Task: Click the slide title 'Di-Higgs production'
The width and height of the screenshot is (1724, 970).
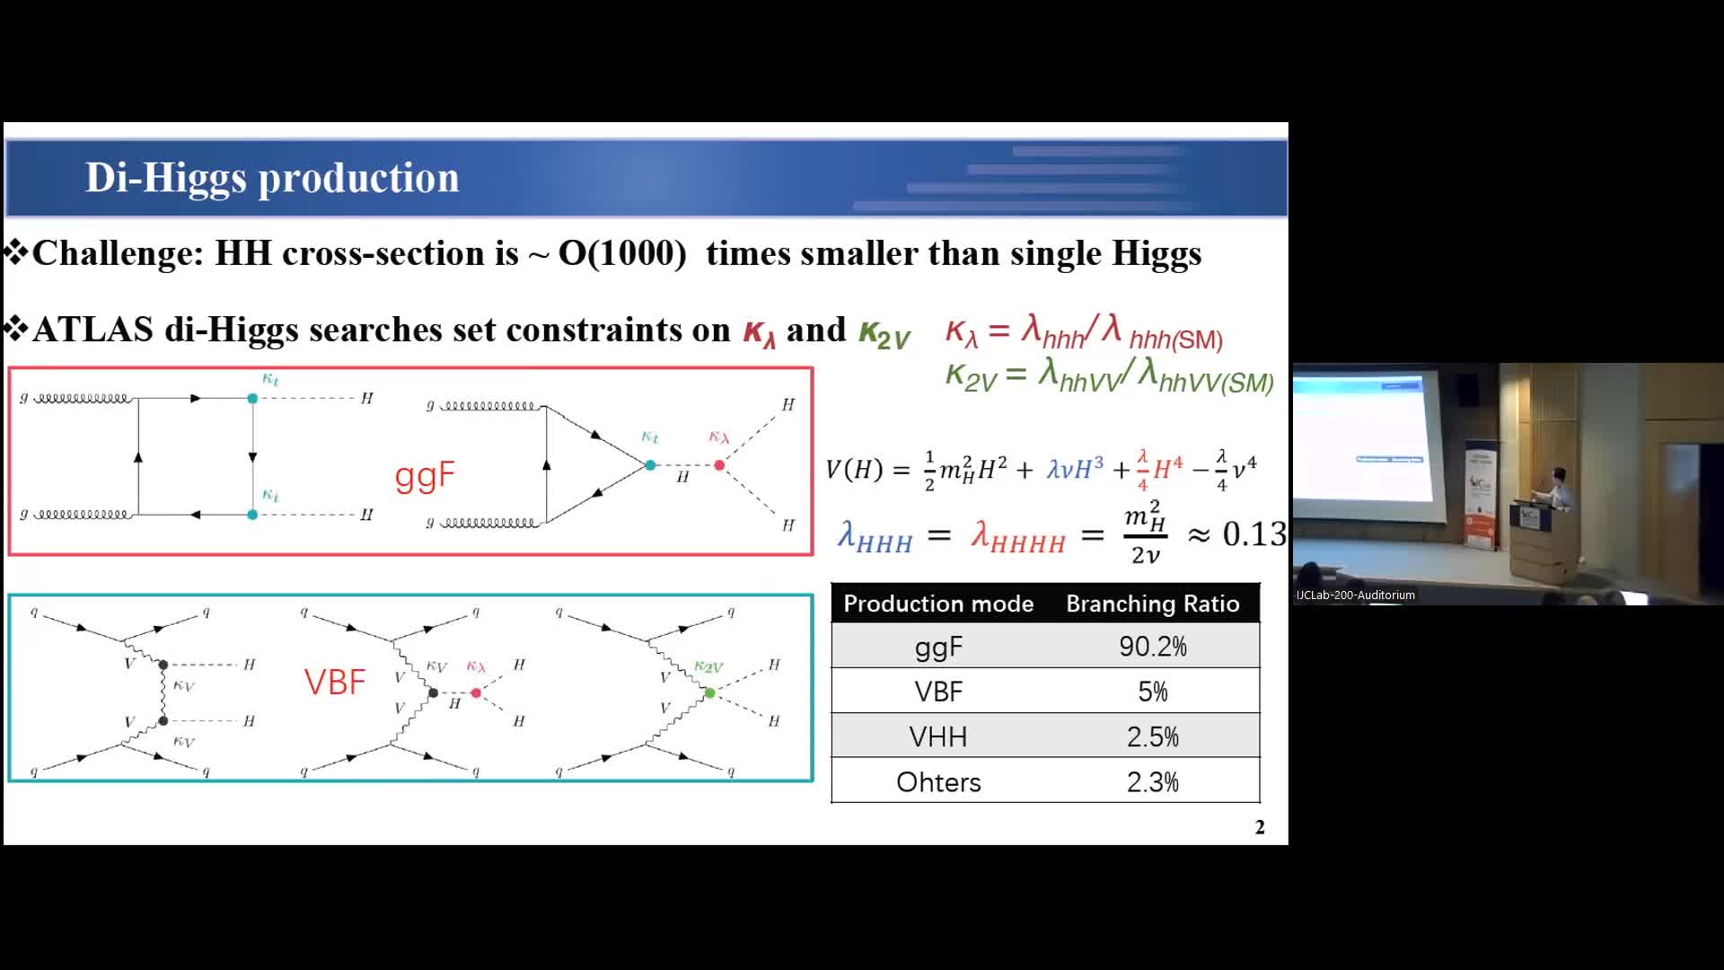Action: [272, 178]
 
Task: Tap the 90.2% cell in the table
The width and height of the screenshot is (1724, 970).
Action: [1152, 647]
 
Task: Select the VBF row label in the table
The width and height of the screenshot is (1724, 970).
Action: [938, 692]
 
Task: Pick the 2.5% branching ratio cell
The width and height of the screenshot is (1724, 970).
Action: [1152, 737]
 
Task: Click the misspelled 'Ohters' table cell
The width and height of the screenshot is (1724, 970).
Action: [938, 782]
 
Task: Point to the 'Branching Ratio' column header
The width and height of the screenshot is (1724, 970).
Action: [1152, 604]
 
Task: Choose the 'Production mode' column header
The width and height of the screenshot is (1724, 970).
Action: [938, 604]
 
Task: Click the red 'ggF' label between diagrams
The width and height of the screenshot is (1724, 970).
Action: [425, 476]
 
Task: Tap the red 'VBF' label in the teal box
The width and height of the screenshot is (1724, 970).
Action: [335, 683]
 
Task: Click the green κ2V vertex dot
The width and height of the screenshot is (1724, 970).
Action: [710, 693]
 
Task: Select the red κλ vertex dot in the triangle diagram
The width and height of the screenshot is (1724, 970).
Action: [719, 465]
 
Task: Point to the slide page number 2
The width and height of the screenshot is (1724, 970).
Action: [1260, 827]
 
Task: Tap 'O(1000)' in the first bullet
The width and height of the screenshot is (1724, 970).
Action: [622, 254]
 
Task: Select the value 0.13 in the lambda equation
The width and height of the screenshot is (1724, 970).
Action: [1254, 534]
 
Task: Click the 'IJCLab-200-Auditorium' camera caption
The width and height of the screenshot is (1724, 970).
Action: [1356, 595]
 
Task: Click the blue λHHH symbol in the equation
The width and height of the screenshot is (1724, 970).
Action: [875, 537]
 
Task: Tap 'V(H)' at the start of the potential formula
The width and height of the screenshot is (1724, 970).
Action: [854, 470]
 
